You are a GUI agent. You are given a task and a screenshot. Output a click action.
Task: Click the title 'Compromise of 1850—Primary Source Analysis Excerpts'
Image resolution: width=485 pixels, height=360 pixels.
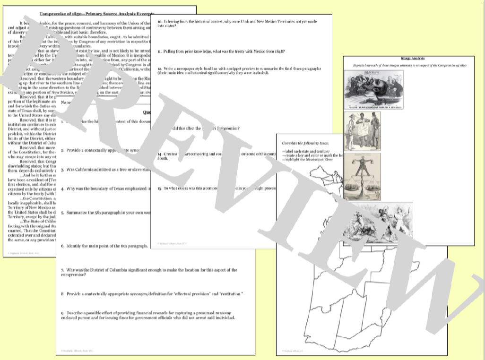[x=97, y=15]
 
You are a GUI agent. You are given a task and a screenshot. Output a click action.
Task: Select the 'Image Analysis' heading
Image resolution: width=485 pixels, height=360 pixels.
[x=408, y=59]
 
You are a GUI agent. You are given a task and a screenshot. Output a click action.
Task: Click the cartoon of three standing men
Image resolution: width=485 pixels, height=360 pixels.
[x=362, y=131]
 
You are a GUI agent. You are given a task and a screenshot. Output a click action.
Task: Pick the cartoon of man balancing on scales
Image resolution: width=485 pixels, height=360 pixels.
[x=362, y=174]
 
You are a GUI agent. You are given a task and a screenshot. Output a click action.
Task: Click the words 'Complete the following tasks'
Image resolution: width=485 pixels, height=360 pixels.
[x=305, y=143]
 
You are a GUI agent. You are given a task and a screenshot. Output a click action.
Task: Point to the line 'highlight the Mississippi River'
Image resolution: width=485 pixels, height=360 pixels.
[x=307, y=160]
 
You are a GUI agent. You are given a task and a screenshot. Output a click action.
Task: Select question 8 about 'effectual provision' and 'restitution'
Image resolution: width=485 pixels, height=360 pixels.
[x=151, y=294]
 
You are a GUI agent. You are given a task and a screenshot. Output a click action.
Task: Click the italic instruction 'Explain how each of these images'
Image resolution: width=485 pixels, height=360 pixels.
[x=408, y=65]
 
